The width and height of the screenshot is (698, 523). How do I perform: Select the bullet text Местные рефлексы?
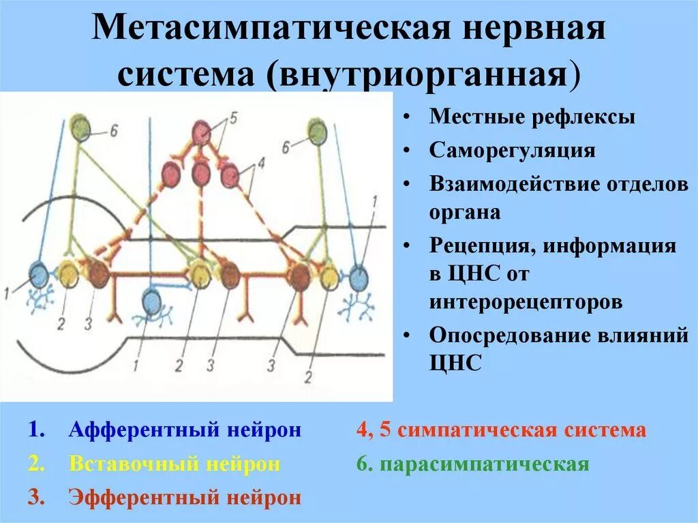532,117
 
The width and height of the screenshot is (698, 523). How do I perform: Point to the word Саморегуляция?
513,151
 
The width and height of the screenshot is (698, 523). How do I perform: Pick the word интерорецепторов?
526,301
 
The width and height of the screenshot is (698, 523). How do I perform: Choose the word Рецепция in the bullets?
481,246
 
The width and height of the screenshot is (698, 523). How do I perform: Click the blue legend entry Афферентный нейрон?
185,431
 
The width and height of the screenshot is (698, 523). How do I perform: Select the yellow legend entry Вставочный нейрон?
174,464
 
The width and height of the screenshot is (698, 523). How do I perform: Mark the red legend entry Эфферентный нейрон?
184,498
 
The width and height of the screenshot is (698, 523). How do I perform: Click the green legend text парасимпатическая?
484,464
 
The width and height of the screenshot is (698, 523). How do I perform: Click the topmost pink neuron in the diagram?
201,132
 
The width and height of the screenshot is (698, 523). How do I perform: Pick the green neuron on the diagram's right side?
316,130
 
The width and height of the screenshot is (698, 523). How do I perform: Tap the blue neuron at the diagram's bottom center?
152,301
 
